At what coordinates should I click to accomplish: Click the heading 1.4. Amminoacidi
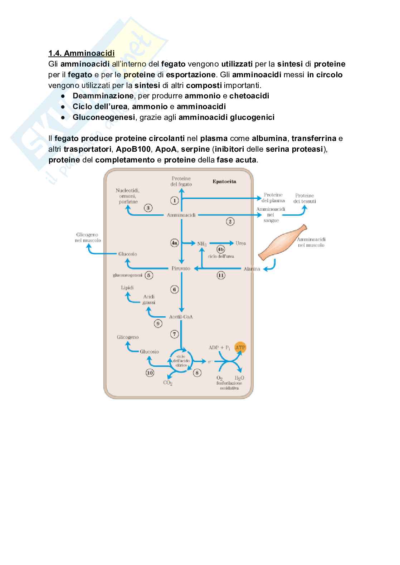[x=82, y=54]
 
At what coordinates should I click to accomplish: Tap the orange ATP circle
[x=240, y=347]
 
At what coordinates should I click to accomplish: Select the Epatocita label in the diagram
[x=224, y=181]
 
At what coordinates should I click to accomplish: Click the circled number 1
[x=174, y=200]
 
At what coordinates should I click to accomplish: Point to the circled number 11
[x=221, y=275]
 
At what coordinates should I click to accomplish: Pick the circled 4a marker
[x=174, y=243]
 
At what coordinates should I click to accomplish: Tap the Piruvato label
[x=181, y=268]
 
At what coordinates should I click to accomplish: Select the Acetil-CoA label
[x=181, y=317]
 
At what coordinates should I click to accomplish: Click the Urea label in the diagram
[x=240, y=243]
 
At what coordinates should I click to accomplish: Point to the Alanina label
[x=252, y=269]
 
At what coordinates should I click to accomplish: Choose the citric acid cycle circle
[x=181, y=360]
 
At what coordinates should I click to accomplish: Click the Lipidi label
[x=127, y=287]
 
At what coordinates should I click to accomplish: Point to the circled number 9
[x=158, y=323]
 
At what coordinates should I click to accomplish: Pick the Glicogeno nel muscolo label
[x=88, y=238]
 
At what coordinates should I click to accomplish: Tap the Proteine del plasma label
[x=273, y=198]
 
